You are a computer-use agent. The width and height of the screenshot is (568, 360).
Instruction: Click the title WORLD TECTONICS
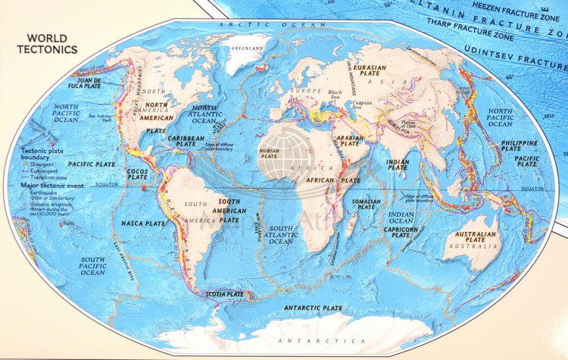point(47,44)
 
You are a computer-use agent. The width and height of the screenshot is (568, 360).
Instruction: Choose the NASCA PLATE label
point(142,224)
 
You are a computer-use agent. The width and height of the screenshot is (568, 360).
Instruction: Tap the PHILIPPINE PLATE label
point(519,146)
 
